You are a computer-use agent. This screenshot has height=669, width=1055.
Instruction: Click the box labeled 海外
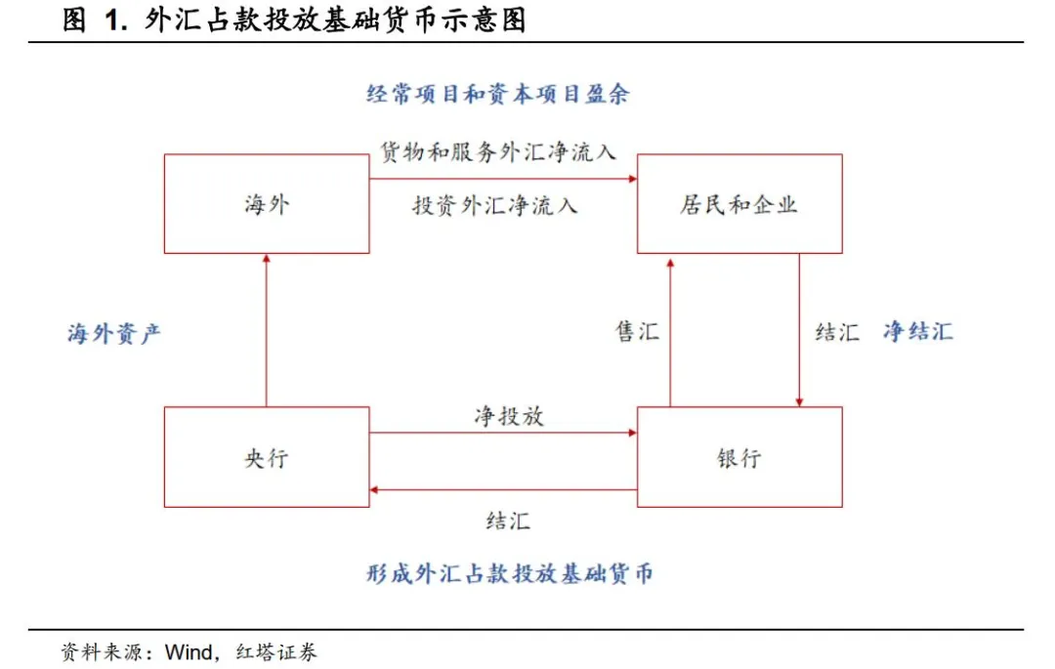(267, 204)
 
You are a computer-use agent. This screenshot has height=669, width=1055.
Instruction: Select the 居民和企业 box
(739, 204)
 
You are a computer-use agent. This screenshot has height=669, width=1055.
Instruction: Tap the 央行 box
(267, 457)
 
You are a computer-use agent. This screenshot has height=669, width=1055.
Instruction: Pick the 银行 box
(739, 457)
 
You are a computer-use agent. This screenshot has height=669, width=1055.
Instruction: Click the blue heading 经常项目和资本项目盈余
(498, 95)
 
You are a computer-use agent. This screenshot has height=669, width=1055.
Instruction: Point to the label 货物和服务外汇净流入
(498, 152)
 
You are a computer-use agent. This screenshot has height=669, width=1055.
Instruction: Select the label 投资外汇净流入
(494, 205)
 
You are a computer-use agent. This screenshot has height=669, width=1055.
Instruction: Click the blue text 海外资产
(114, 333)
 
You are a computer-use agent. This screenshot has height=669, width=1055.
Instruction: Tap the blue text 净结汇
(917, 331)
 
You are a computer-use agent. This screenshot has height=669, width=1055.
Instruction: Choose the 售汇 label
(637, 332)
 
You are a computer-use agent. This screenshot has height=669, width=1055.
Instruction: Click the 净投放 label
(508, 416)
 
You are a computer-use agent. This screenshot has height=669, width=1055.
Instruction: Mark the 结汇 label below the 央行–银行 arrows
(508, 521)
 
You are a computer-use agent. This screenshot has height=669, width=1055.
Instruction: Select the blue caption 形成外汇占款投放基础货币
(508, 573)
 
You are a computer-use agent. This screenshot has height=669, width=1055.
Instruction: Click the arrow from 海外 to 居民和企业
(503, 179)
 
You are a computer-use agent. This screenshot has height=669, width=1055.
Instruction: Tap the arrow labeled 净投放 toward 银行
(503, 433)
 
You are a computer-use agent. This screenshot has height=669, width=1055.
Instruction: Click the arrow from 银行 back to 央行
(503, 489)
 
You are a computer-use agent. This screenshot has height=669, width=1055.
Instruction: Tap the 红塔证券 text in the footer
(276, 651)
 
